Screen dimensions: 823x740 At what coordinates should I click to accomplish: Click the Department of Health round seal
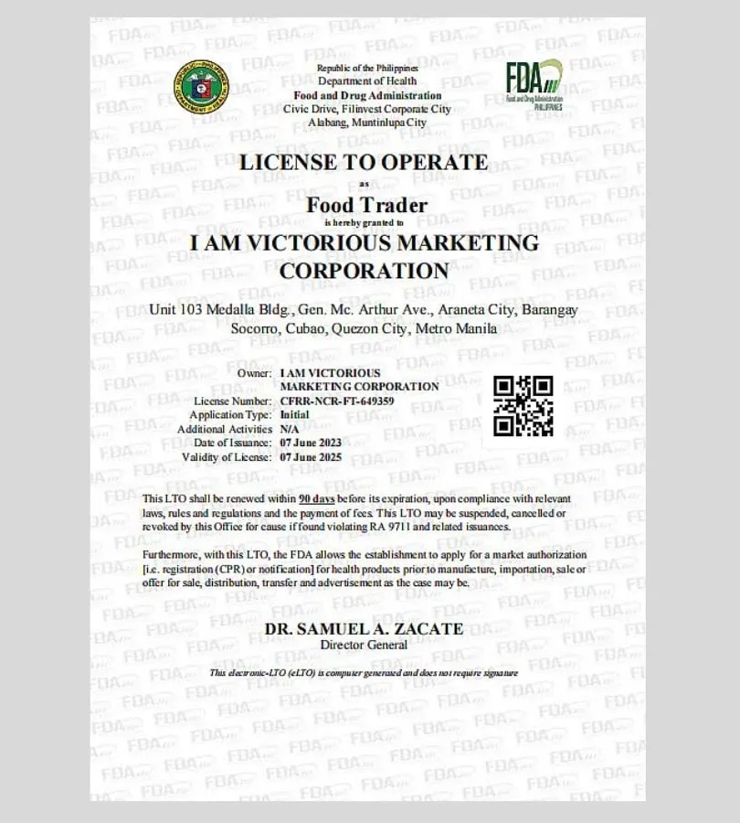202,87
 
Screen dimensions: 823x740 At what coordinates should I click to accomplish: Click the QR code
523,405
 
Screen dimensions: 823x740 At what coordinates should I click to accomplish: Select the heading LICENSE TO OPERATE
364,163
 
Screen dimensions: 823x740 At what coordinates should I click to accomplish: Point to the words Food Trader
366,205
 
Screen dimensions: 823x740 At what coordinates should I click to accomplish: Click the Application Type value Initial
294,414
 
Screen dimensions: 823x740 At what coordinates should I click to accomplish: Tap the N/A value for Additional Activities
290,429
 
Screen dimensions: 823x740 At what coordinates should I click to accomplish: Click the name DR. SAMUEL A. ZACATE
364,629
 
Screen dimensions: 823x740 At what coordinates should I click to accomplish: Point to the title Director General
364,645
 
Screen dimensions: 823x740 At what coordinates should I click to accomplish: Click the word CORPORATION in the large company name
364,272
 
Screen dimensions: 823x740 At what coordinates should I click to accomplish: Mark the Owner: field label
254,373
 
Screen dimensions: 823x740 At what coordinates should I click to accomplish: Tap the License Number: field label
233,401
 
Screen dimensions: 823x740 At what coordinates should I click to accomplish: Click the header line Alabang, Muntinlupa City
367,122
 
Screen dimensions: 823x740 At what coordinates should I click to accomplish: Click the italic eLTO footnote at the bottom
364,673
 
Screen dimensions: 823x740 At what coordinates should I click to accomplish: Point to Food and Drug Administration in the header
367,96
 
